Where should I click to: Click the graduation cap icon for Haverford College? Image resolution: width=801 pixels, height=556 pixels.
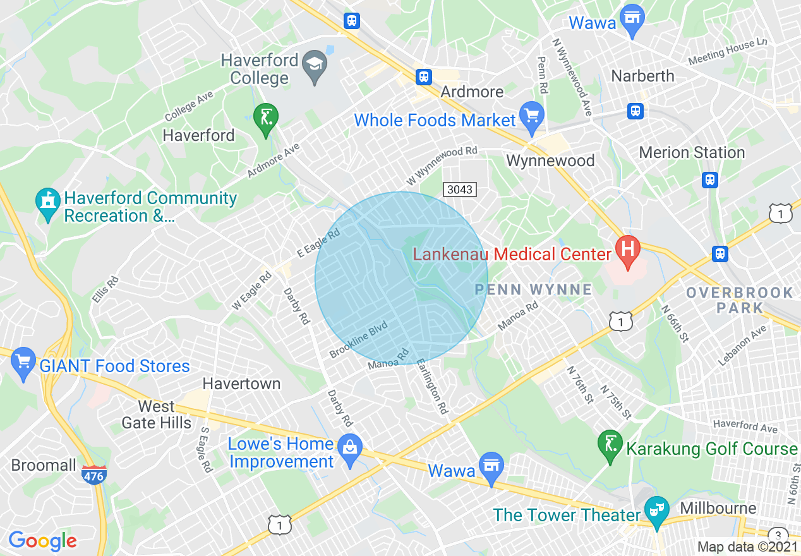tap(312, 64)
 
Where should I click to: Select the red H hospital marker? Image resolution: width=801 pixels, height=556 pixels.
tap(627, 248)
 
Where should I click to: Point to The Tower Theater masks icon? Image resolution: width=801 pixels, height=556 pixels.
tap(656, 509)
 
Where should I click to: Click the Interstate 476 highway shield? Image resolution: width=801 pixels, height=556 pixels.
tap(93, 475)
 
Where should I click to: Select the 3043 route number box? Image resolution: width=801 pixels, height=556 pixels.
tap(459, 189)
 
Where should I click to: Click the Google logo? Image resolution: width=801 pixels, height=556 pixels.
tap(42, 541)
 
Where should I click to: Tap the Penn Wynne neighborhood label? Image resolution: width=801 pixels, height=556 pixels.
tap(534, 289)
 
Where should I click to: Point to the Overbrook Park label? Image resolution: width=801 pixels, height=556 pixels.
tap(739, 300)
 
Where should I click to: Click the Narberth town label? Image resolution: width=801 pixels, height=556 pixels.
tap(642, 76)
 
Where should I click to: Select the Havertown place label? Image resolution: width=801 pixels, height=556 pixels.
tap(241, 384)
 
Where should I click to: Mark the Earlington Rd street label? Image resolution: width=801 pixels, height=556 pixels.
tap(433, 387)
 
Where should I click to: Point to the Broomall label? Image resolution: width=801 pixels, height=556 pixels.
tap(44, 466)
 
